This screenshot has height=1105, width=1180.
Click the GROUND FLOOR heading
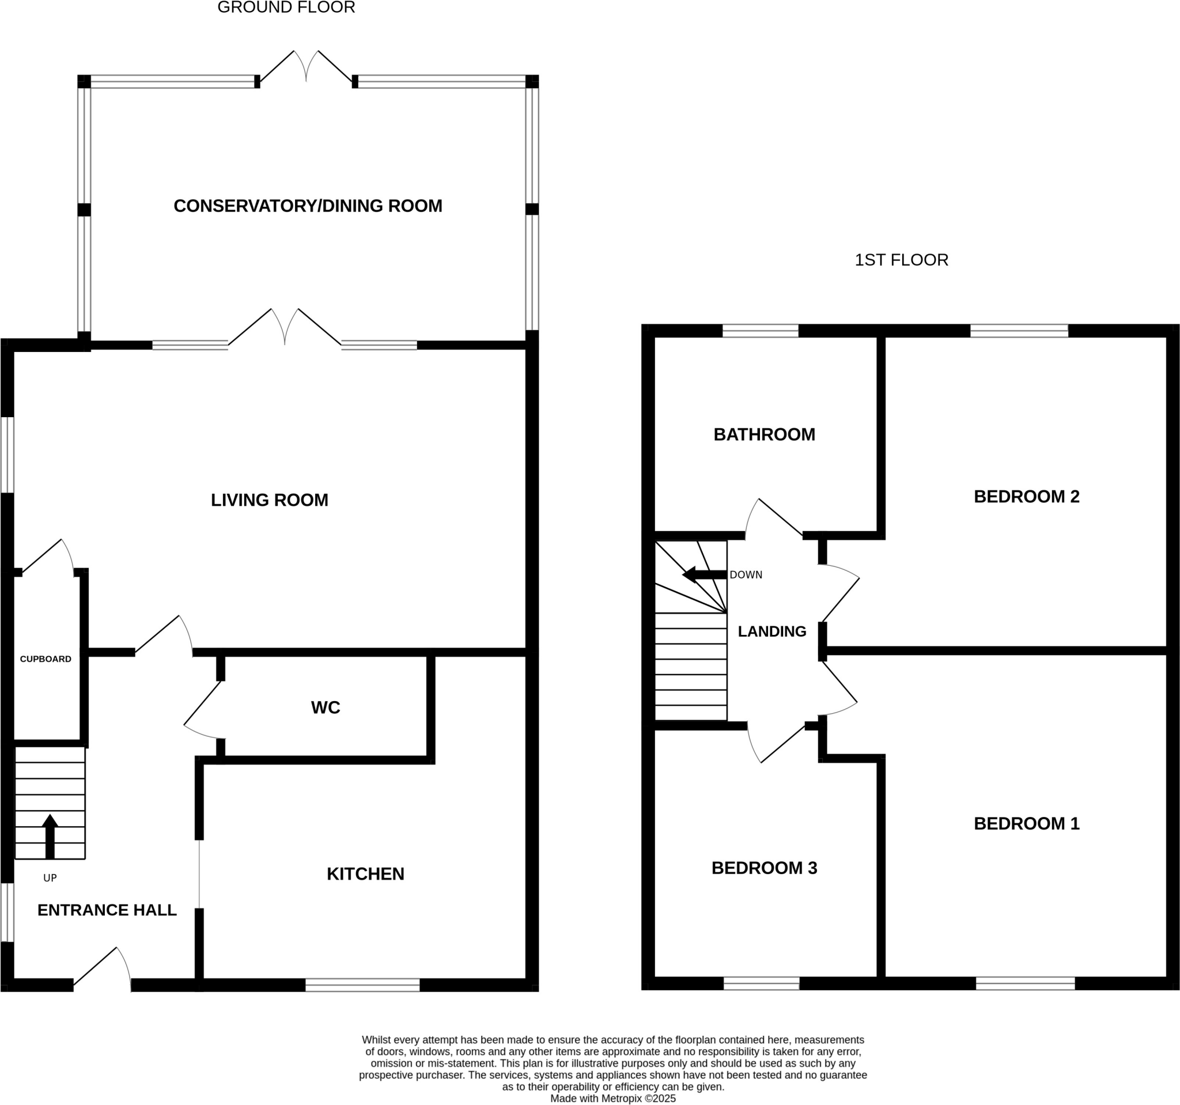[286, 7]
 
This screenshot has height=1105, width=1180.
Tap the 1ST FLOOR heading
[901, 260]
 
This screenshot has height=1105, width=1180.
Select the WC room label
[326, 707]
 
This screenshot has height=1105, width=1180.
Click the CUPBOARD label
[46, 659]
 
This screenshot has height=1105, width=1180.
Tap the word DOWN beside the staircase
[746, 575]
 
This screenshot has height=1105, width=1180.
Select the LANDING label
[771, 631]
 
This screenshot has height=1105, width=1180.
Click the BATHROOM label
[764, 434]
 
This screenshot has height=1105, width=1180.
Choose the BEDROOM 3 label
[764, 868]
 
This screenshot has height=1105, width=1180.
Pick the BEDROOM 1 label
[1026, 824]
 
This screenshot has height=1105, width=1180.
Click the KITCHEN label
[365, 873]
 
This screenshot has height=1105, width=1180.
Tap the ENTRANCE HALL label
[107, 910]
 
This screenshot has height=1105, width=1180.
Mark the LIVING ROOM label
[270, 499]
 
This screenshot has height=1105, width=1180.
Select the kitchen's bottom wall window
[362, 985]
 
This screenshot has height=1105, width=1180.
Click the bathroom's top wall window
[760, 331]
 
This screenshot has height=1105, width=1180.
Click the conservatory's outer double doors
[307, 67]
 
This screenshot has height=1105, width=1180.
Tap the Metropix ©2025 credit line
[612, 1099]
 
